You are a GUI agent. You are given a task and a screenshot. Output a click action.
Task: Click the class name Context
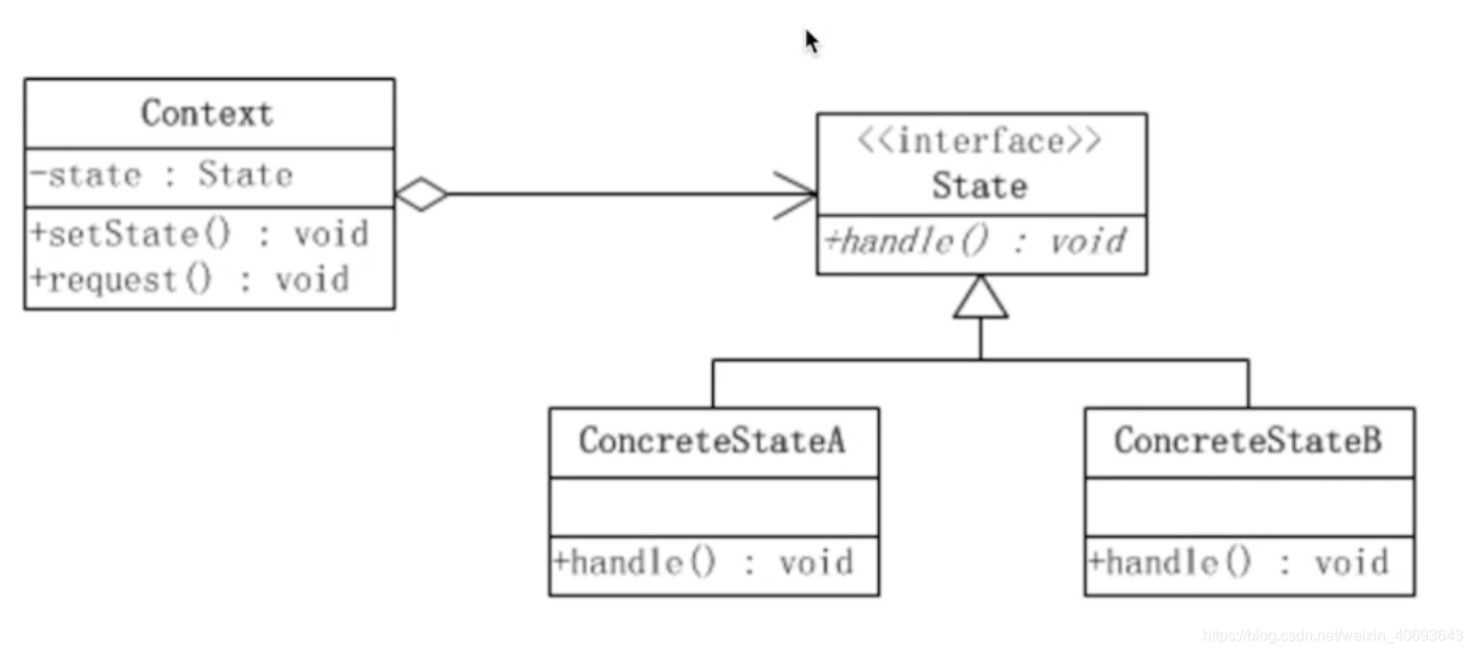coord(207,114)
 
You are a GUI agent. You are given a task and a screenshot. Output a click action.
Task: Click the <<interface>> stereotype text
coord(979,142)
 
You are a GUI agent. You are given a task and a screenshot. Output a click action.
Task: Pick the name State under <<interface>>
coord(979,186)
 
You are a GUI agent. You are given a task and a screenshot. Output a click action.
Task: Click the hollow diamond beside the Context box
coord(421,194)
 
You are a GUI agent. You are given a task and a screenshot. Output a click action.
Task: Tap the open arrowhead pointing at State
coord(796,195)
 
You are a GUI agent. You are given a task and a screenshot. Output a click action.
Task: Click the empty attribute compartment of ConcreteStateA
coord(713,507)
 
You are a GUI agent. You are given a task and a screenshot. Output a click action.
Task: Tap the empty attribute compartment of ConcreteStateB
coord(1248,507)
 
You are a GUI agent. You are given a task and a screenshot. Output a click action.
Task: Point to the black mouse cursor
coord(811,41)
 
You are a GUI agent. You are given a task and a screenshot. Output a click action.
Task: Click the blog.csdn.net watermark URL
coord(1335,635)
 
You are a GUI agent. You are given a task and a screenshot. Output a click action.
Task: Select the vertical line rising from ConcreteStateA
coord(712,383)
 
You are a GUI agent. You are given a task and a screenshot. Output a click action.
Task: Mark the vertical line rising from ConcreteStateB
coord(1248,383)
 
